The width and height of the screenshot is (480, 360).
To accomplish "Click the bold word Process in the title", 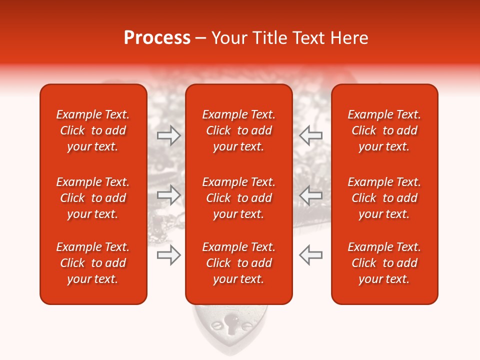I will (157, 38).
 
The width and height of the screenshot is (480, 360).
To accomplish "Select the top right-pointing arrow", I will (169, 135).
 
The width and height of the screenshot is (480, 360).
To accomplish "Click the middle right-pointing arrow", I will (169, 195).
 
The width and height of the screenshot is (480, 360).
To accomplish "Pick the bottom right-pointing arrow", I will (169, 255).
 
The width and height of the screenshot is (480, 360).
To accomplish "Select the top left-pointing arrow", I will (310, 135).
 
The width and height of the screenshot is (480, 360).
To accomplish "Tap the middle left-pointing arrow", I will (310, 195).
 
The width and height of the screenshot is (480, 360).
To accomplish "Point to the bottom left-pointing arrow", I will (310, 255).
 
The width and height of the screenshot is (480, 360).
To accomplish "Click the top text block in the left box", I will (93, 130).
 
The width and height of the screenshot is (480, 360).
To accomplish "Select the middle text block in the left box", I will (93, 198).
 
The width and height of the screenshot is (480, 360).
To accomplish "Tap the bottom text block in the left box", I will (93, 263).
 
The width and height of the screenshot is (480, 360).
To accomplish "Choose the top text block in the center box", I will (238, 130).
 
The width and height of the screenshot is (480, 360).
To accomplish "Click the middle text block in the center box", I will (238, 198).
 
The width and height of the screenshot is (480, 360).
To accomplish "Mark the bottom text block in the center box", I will (238, 263).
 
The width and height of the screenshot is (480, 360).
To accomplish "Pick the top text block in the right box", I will (384, 130).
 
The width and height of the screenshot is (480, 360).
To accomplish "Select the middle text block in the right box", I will (384, 198).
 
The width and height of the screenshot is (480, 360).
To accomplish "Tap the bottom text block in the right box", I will (384, 263).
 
